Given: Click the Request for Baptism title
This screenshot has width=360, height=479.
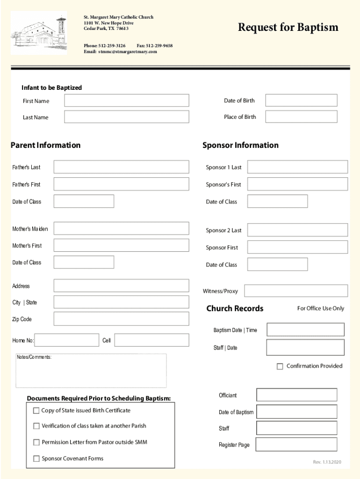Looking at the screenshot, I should tap(288, 28).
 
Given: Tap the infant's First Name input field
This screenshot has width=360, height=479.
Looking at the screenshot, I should tap(127, 101).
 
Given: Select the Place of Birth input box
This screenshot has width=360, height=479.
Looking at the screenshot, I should tap(301, 116).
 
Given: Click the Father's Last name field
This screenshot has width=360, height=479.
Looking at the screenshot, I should tap(121, 167).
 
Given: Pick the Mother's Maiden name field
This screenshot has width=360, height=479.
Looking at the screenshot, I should tap(121, 229).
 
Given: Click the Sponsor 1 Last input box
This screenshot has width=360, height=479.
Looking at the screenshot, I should tap(297, 167).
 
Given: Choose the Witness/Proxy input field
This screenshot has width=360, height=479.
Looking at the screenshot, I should tap(296, 291).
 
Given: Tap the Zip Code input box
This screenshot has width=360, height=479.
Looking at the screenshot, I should tap(121, 319).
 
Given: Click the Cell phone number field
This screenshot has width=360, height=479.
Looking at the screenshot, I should tap(151, 340).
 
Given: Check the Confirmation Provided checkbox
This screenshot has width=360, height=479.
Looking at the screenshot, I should tap(280, 366).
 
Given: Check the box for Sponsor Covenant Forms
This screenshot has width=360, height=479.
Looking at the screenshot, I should tap(36, 459).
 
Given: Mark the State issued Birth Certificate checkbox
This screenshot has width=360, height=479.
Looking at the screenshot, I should tap(36, 411).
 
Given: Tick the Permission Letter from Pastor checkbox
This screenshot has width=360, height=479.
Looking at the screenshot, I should tap(36, 443).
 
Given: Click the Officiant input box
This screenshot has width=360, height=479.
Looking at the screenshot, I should tap(296, 395).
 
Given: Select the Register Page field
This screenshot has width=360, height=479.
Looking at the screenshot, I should tap(296, 444).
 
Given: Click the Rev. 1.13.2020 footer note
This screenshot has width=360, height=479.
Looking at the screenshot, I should tap(327, 462).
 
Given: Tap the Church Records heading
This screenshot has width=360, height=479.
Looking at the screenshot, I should tap(235, 308).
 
